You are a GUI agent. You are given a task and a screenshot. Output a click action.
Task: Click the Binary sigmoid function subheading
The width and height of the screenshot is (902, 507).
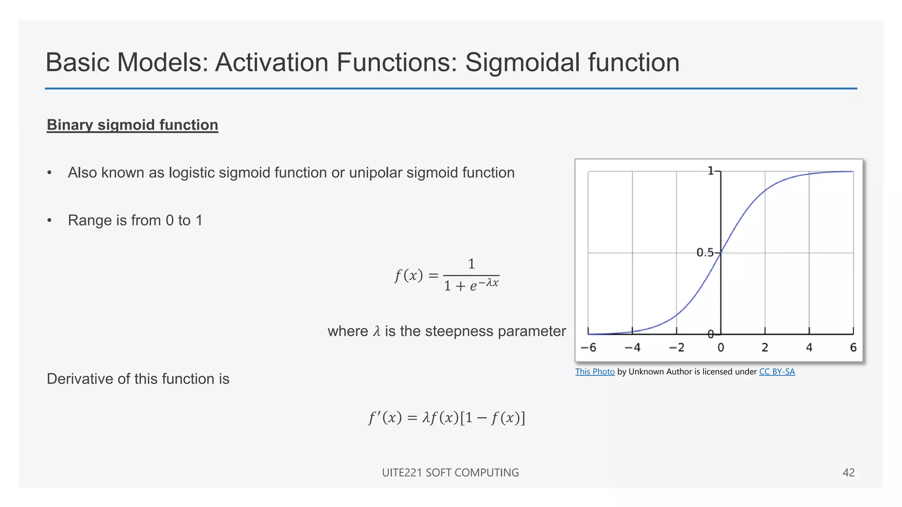coord(132,125)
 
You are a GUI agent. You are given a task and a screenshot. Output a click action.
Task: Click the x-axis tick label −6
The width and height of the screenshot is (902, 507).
coord(588,348)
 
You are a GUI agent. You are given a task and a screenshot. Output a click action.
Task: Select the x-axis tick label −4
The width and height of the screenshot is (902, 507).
coord(632,348)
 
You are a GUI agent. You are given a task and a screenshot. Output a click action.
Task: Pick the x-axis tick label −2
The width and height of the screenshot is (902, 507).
coord(676,348)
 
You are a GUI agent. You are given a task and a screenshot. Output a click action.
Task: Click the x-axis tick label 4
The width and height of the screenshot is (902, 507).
coord(809,348)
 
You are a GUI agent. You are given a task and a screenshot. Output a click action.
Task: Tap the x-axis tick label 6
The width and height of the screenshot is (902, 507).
coord(853,348)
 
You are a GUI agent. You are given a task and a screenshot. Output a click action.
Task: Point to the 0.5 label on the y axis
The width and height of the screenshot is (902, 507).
coord(705,253)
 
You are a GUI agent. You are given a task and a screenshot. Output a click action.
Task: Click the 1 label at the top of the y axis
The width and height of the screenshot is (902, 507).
coord(710,171)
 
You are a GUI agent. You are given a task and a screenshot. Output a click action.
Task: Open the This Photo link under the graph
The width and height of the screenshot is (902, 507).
coord(595,372)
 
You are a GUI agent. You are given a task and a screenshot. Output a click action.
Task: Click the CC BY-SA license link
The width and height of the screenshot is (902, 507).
coord(777,372)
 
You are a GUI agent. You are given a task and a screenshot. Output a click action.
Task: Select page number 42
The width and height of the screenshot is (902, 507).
coord(848,473)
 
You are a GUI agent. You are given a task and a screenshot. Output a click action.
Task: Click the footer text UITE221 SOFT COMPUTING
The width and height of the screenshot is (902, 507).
coord(450,473)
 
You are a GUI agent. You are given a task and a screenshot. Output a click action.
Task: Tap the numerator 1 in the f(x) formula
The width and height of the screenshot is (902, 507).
coord(471,264)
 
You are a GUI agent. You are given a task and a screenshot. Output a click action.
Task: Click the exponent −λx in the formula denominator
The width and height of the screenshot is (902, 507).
coord(488,283)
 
